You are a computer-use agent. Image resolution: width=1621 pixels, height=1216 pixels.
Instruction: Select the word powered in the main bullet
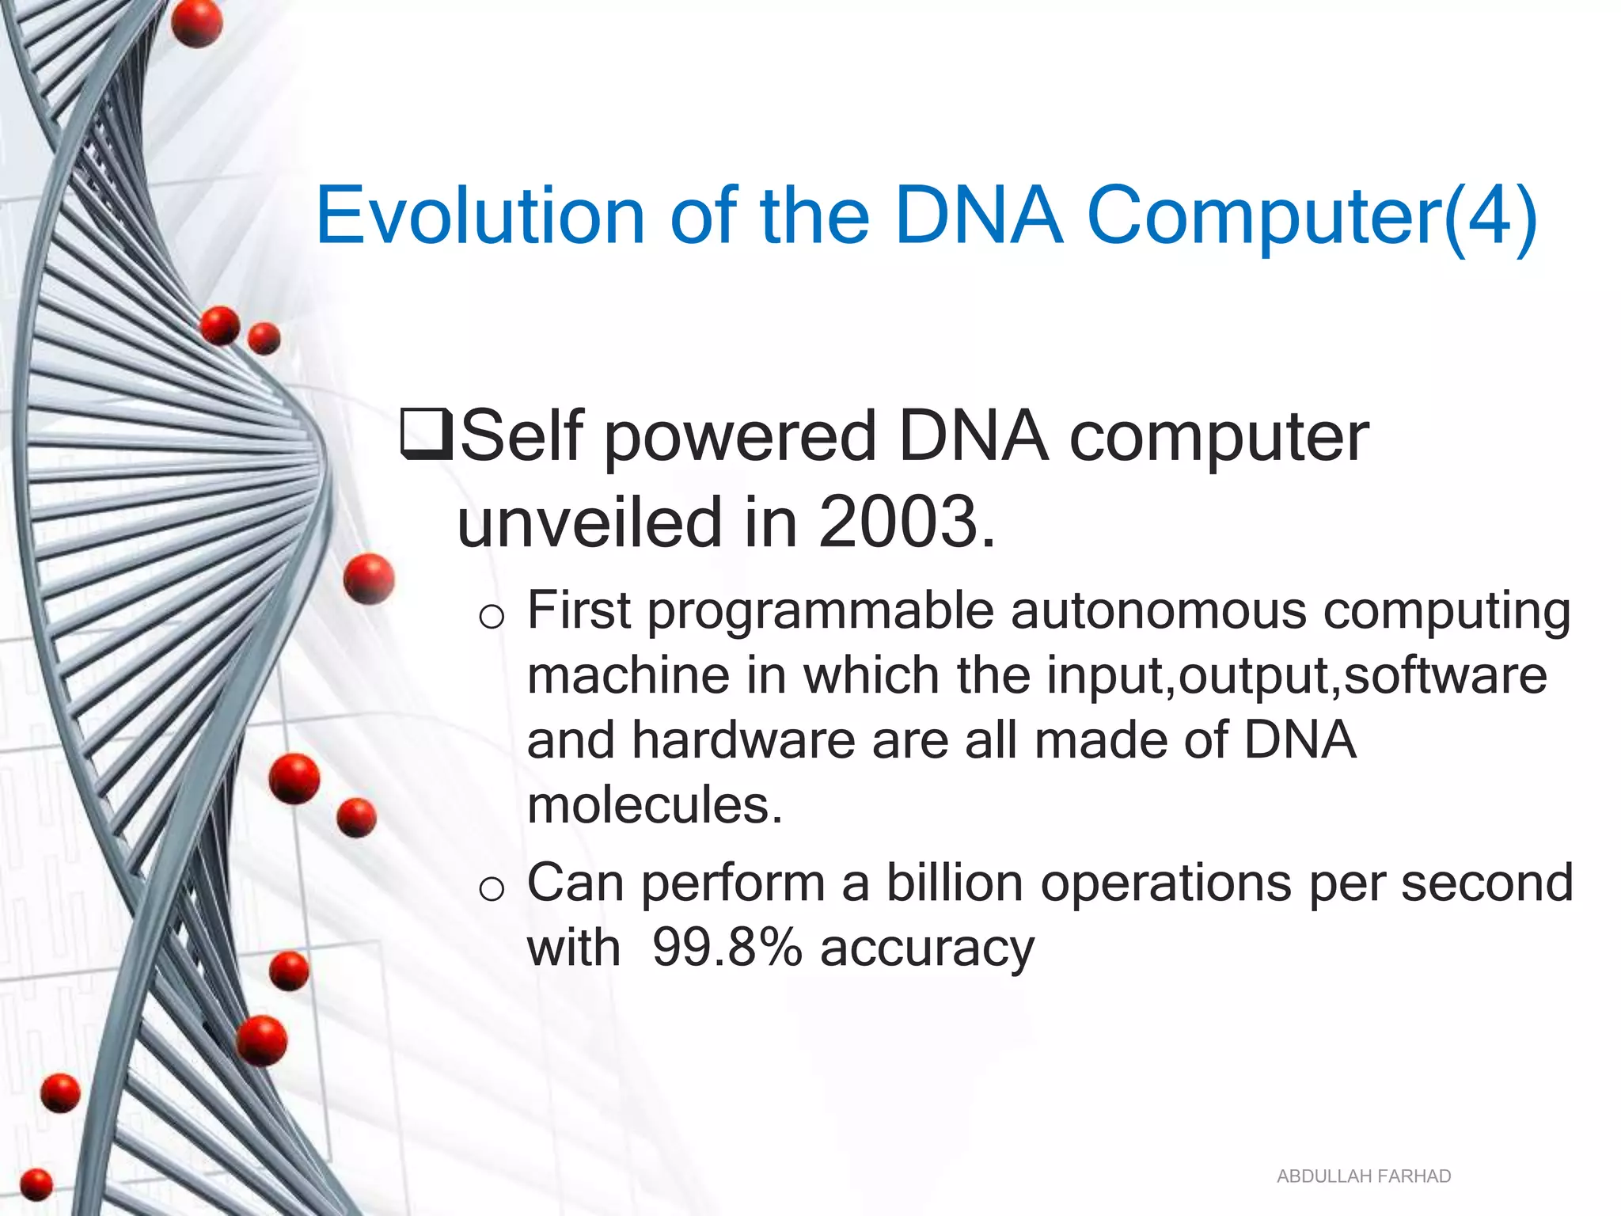[741, 437]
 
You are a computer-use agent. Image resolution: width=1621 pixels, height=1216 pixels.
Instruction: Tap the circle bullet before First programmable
[492, 617]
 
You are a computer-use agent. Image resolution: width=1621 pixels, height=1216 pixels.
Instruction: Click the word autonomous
[1157, 611]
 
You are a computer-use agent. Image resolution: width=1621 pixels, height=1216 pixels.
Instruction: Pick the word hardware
[743, 740]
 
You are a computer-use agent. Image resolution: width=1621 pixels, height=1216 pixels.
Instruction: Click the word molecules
[655, 806]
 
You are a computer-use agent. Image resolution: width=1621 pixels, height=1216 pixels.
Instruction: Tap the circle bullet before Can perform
[492, 889]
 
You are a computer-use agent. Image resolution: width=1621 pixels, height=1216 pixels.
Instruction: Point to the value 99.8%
[727, 948]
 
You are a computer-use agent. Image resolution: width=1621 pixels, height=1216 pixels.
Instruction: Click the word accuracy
[927, 949]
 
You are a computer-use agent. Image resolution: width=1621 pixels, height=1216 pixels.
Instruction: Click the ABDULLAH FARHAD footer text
[1364, 1176]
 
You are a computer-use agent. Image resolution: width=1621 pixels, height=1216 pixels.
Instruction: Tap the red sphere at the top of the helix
[196, 22]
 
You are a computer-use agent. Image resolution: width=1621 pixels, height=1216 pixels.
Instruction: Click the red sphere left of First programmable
[369, 579]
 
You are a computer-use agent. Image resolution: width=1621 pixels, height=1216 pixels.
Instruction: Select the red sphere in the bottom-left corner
[36, 1185]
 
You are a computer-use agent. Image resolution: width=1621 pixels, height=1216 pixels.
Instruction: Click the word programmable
[821, 613]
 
